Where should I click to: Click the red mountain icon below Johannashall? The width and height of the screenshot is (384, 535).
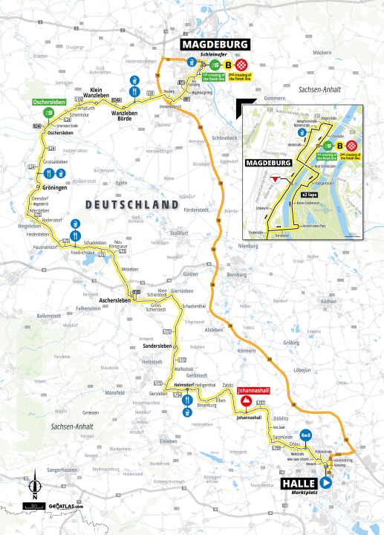[245, 401]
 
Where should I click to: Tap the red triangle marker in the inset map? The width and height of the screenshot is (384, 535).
[275, 179]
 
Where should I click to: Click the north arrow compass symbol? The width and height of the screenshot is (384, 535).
[33, 488]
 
